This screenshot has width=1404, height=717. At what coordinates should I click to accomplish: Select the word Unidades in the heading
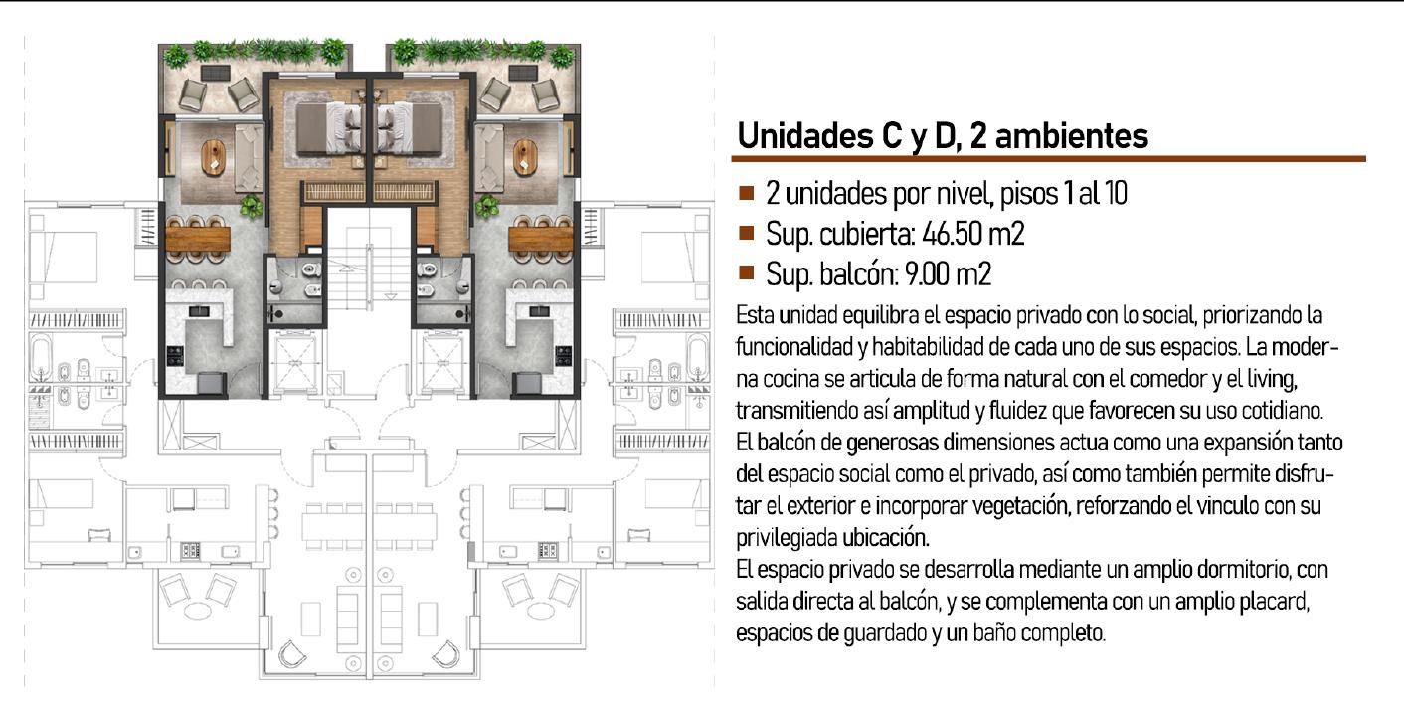point(805,135)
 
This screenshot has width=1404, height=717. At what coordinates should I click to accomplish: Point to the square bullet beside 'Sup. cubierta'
point(746,233)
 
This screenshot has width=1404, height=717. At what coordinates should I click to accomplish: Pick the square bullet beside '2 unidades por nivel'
point(746,192)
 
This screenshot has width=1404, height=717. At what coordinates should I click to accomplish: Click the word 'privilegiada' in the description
point(787,538)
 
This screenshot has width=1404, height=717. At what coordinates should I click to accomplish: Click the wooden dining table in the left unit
point(198,239)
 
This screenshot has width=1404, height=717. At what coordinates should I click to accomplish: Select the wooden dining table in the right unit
point(541,239)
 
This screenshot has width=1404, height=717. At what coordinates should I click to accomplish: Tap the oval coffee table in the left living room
point(213,157)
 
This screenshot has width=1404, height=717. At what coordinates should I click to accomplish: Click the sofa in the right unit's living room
point(489,157)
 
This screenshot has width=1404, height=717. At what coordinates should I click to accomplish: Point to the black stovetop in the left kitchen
point(175,356)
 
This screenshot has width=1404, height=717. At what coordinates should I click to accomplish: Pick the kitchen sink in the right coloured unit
point(540,311)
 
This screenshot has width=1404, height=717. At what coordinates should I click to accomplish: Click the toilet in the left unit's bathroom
point(311,270)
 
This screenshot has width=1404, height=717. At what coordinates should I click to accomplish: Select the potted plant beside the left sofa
point(251,205)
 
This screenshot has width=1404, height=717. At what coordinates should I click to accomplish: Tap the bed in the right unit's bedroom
point(410,128)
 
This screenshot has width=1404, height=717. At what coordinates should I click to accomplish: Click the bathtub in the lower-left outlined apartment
point(41,358)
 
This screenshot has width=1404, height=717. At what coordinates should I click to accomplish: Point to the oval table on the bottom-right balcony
point(539,610)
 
